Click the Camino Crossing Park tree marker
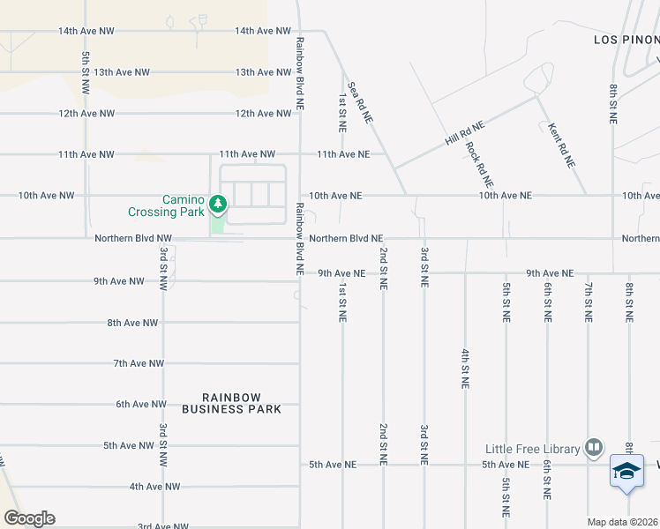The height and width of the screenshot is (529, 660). point(217,205)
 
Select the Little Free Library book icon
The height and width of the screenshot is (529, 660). point(594,449)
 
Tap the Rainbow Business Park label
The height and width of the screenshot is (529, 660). point(231,403)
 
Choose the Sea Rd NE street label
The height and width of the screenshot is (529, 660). point(361,101)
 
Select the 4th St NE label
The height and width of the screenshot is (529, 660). point(464,369)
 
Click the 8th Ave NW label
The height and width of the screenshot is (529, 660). point(132,323)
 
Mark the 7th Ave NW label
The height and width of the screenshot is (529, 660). point(139,363)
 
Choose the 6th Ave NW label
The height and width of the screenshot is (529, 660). point(141,404)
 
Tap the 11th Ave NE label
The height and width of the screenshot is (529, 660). point(344,154)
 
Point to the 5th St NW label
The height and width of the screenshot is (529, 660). point(86,73)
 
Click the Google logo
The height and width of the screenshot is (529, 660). point(29,518)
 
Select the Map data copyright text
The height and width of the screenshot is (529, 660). point(623,522)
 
